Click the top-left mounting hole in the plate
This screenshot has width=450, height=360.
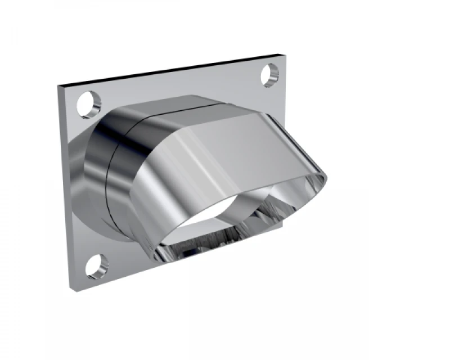89,104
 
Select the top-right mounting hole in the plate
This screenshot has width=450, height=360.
271,75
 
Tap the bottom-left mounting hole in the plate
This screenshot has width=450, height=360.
96,265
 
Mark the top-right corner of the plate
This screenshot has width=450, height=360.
280,55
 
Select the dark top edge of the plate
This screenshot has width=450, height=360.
169,70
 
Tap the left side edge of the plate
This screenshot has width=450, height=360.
65,186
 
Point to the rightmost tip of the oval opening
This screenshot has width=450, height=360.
325,179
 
